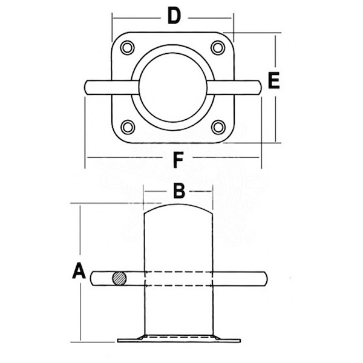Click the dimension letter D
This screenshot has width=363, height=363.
pyautogui.click(x=174, y=16)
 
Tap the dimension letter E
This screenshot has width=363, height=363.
pyautogui.click(x=273, y=80)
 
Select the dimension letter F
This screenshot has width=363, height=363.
pyautogui.click(x=177, y=160)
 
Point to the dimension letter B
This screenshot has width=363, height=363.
pyautogui.click(x=178, y=191)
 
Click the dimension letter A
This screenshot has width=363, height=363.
pyautogui.click(x=79, y=271)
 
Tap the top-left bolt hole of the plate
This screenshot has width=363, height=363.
pyautogui.click(x=127, y=47)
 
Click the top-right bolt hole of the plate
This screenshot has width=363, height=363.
pyautogui.click(x=218, y=47)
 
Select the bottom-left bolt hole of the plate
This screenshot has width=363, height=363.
pyautogui.click(x=127, y=126)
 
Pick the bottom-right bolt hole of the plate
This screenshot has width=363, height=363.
pyautogui.click(x=218, y=126)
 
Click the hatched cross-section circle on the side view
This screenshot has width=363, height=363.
pyautogui.click(x=120, y=279)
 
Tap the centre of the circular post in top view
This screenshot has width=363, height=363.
pyautogui.click(x=173, y=87)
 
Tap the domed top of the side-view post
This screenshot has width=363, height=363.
pyautogui.click(x=178, y=208)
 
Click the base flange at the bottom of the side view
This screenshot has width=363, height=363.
pyautogui.click(x=178, y=338)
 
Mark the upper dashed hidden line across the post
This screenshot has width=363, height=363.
pyautogui.click(x=178, y=272)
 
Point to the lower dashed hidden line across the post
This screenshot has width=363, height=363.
pyautogui.click(x=178, y=285)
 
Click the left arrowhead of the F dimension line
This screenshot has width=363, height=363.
pyautogui.click(x=88, y=158)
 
